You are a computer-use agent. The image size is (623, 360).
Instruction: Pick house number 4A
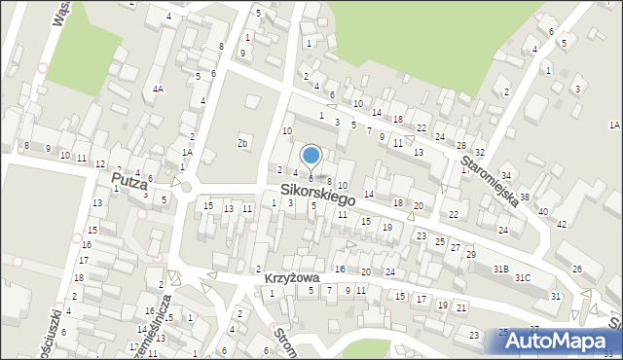coord(158,89)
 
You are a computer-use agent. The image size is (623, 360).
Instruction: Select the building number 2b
coord(242,144)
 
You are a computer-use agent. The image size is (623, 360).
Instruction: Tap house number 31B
coord(500,268)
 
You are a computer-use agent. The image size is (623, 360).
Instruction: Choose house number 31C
coord(523,278)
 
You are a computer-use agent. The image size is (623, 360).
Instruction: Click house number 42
coord(561,224)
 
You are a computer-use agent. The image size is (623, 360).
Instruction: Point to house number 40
coord(542,211)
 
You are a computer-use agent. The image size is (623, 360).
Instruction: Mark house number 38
coord(524,198)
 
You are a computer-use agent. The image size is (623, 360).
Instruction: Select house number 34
coord(505,175)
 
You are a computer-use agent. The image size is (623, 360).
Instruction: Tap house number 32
coord(479,153)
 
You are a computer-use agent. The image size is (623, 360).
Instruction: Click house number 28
coord(460,145)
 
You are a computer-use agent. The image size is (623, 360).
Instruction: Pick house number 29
coord(470,254)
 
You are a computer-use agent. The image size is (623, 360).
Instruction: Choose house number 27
coord(455,247)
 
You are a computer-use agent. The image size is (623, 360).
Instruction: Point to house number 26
coord(576,269)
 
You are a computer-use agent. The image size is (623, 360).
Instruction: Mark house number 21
coord(460,307)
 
